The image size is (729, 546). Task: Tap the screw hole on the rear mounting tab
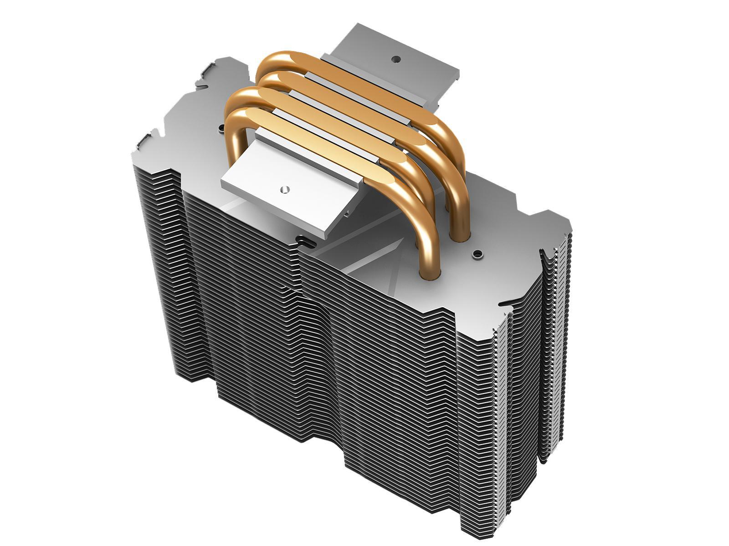[x=396, y=59]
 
